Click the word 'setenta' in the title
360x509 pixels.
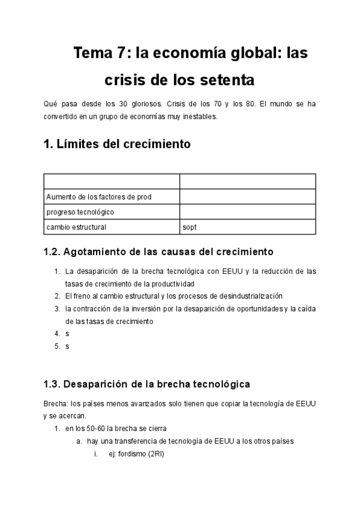pos(228,80)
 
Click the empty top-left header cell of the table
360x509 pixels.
pos(112,181)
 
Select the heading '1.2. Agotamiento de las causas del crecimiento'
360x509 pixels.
pos(158,251)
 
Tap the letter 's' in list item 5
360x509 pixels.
pos(67,346)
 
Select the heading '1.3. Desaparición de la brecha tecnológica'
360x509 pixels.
pos(146,384)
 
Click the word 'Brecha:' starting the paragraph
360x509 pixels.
pos(55,403)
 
